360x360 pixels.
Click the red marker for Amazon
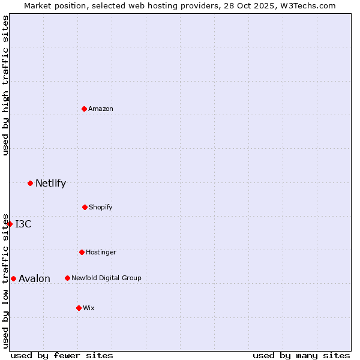[85, 109]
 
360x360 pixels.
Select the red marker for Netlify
[30, 183]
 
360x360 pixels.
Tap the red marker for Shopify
[85, 207]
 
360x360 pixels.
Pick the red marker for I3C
[10, 224]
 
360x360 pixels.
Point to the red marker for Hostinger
[82, 252]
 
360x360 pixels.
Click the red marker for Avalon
[13, 278]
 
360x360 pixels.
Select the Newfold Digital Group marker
[67, 278]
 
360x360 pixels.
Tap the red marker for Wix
[79, 308]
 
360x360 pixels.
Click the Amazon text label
[101, 109]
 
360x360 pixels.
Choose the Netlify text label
[51, 184]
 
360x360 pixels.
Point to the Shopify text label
[101, 207]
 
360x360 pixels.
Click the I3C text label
[23, 224]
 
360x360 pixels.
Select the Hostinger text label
[101, 252]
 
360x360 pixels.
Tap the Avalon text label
[35, 278]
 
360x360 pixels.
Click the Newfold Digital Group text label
[106, 278]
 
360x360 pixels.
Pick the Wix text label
[89, 308]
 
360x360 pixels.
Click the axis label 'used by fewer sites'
[62, 355]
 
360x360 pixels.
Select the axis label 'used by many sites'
[301, 355]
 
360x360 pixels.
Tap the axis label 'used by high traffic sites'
[5, 85]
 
